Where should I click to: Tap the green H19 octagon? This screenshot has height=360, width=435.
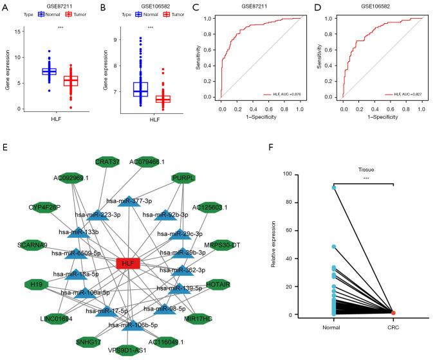pyautogui.click(x=37, y=283)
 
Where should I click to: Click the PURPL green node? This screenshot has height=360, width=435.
pyautogui.click(x=183, y=178)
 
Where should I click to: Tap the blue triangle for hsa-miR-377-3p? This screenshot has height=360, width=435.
pyautogui.click(x=129, y=202)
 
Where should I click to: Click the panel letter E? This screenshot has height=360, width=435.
pyautogui.click(x=5, y=147)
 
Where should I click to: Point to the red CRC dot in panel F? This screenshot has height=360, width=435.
pyautogui.click(x=393, y=312)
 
